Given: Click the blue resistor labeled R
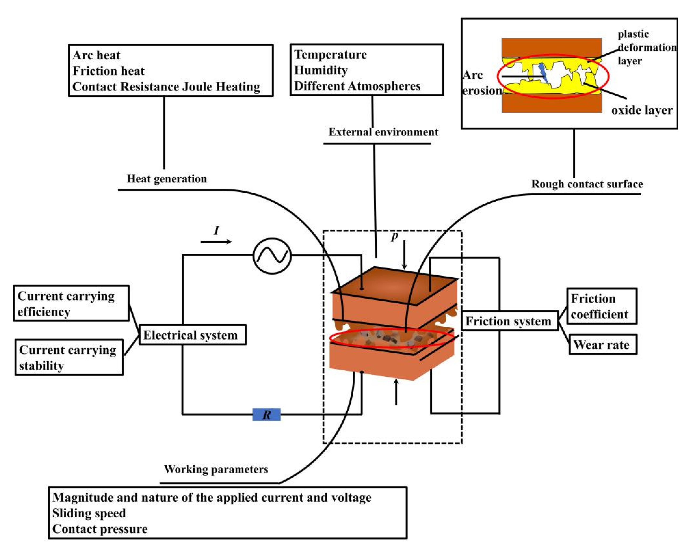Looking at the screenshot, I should coord(266,414).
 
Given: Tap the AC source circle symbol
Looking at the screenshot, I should coord(272,256).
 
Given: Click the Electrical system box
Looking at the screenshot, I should coord(192,335).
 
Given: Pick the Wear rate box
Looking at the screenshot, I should coord(603,345).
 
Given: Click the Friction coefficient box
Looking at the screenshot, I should coord(601,306).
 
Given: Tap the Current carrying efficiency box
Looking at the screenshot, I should coord(71,303).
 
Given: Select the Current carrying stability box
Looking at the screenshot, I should coord(69,357).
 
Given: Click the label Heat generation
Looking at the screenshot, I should coord(167,179).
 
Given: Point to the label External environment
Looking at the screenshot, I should coord(383,132).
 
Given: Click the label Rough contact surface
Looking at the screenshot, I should coord(587,184).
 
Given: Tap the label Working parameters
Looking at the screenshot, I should coord(216,469).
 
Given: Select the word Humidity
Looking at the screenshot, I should coord(321,70).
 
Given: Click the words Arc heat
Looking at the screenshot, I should coord(96,55).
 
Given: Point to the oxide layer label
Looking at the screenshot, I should coord(642,110).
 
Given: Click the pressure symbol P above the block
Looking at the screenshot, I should coord(395,237).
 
